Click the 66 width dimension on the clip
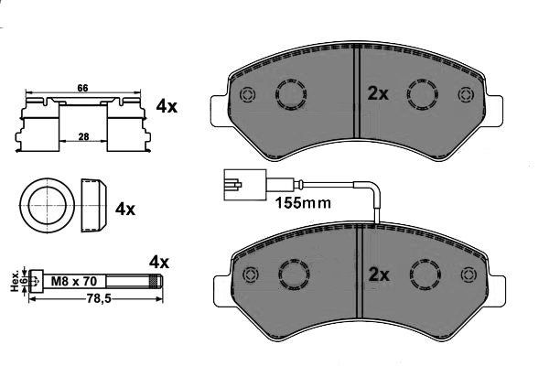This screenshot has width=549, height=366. [81, 88]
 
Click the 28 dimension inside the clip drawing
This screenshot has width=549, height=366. [82, 135]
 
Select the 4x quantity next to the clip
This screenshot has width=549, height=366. [166, 106]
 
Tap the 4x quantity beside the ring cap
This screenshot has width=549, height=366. [124, 209]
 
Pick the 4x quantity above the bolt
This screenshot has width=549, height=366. [159, 262]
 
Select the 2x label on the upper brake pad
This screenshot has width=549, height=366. [378, 93]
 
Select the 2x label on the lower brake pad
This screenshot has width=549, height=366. [378, 274]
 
